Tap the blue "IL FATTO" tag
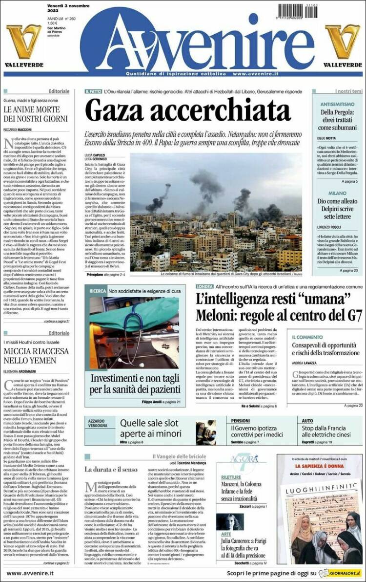93,91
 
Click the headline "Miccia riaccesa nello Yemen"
36,356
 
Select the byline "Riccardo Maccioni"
18,129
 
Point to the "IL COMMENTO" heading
307,337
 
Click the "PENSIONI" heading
241,420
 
